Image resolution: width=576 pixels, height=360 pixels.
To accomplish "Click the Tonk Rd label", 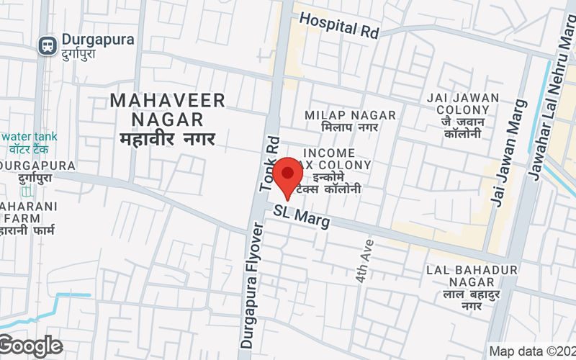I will coord(270,163).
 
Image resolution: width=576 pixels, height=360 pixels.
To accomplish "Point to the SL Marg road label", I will coord(302,215).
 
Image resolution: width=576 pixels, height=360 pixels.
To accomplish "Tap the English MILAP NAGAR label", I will coord(350,115).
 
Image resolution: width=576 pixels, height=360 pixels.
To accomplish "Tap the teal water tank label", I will coord(30,137).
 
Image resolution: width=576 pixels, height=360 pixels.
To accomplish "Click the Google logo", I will coord(30,346).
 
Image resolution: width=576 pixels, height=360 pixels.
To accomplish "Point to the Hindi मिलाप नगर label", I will coord(350,128).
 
